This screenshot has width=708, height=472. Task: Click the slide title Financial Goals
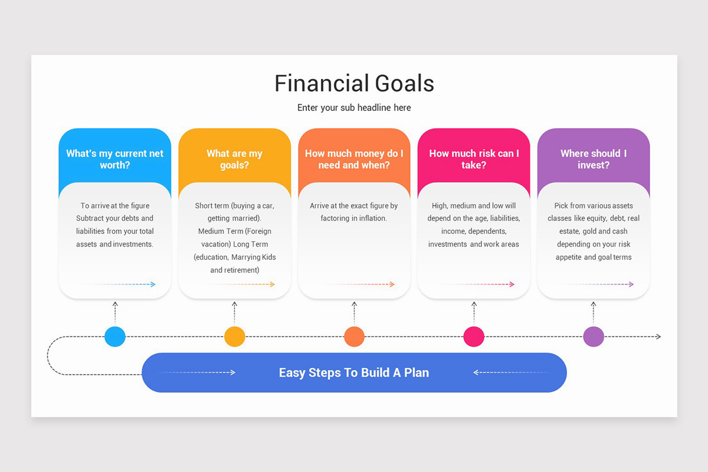click(354, 84)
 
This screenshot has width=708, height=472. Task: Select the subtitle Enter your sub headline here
click(354, 108)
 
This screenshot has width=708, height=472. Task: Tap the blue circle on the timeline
click(115, 336)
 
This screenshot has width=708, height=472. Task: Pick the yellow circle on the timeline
click(234, 336)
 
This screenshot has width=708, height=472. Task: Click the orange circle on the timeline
click(354, 336)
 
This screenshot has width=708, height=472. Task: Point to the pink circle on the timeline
click(474, 336)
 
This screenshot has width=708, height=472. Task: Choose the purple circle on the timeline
click(594, 336)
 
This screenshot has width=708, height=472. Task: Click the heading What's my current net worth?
click(115, 159)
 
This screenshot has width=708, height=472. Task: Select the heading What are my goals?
click(234, 159)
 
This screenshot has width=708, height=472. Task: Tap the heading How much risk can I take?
click(474, 159)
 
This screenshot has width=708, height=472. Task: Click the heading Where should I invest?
click(594, 159)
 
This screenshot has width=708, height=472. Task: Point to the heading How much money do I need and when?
click(354, 159)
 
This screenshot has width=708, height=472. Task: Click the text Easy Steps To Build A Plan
click(354, 373)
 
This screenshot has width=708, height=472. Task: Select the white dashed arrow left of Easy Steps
click(198, 372)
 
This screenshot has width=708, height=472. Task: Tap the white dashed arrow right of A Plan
click(510, 372)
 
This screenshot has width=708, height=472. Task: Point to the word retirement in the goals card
click(239, 270)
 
